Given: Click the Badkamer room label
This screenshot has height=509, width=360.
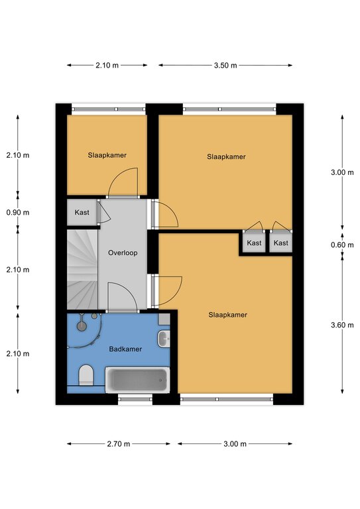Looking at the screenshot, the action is (x=125, y=349).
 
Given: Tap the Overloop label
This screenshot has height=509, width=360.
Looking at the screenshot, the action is (x=123, y=253).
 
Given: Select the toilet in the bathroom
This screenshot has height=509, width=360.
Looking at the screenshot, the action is (x=86, y=375).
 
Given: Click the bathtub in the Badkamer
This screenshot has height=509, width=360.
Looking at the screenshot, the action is (x=137, y=380).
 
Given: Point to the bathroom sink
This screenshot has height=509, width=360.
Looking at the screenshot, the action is (x=164, y=339).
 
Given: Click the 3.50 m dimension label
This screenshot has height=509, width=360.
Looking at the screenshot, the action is (x=225, y=66).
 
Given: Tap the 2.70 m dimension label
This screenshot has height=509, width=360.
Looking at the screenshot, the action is (x=119, y=444).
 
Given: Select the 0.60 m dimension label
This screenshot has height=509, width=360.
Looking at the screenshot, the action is (x=342, y=245).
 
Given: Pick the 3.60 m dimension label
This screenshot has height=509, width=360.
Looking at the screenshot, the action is (x=342, y=325).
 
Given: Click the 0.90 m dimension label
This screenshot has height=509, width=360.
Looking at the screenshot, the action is (x=18, y=213).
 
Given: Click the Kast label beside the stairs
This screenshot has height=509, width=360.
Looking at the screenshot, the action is (x=82, y=212).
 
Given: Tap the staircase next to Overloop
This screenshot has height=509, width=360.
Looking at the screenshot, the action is (x=82, y=270).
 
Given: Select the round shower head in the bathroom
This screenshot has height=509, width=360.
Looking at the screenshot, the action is (x=82, y=326).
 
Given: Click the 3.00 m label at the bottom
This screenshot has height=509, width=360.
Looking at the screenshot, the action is (x=235, y=444).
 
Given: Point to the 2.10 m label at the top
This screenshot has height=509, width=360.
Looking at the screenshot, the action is (x=107, y=66).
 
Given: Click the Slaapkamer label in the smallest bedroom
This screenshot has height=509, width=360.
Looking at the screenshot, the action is (x=107, y=155).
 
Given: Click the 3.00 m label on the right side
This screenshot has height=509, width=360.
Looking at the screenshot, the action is (x=342, y=172).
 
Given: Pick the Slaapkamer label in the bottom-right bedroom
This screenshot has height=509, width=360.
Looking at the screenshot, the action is (x=228, y=315).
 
